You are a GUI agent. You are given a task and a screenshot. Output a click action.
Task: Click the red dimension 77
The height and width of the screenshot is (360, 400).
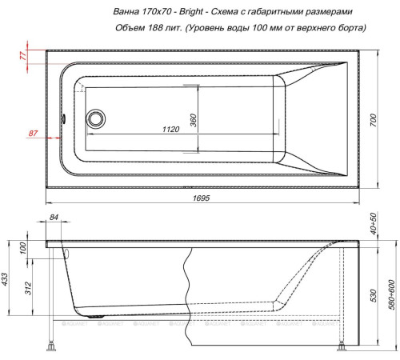[x=22, y=55]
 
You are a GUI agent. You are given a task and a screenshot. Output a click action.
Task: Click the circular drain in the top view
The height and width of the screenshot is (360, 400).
[x=97, y=120]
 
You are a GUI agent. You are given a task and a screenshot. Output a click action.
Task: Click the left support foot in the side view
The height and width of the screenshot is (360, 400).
[x=54, y=346]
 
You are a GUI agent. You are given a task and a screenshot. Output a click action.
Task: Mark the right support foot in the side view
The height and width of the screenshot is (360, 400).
[x=342, y=346]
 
